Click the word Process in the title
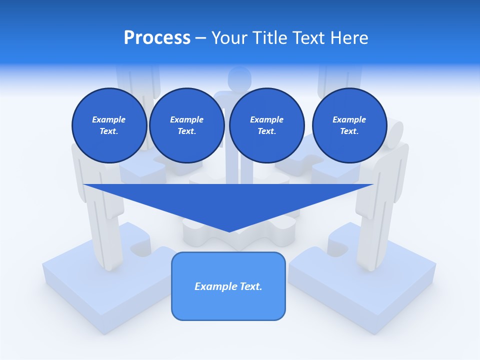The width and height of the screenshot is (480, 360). pos(157,38)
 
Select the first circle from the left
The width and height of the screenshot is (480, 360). pos(109,125)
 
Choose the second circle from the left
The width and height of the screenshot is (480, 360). pos(186,125)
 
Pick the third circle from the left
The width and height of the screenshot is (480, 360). pos(266,125)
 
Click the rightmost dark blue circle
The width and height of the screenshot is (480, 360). pos(349,125)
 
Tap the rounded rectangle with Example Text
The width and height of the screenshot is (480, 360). pos(228,300)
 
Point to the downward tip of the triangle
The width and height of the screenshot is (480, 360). pos(229,231)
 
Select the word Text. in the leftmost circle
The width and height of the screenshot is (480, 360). pos(109,131)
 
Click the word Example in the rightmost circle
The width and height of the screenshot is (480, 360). pos(349,119)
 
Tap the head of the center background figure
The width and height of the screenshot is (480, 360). pos(239,78)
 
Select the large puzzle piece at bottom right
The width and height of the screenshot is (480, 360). pos(365,285)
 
